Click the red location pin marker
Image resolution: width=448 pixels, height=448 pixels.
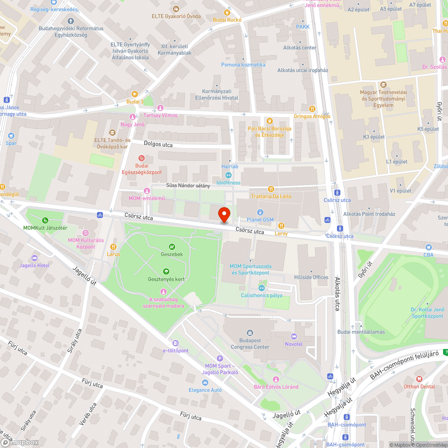click(224, 215)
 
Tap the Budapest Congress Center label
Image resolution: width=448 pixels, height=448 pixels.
click(250, 343)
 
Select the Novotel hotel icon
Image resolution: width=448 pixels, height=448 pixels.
click(294, 336)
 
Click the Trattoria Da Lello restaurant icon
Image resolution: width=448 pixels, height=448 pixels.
click(271, 189)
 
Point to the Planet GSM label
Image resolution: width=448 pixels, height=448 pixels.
click(260, 220)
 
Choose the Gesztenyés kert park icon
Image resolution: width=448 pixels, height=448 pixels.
click(166, 271)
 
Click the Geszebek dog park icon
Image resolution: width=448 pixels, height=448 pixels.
click(172, 246)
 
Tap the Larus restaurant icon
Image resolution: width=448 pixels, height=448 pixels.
click(113, 246)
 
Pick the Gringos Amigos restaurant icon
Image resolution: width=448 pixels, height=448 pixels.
click(312, 109)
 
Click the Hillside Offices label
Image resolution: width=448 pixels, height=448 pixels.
click(311, 277)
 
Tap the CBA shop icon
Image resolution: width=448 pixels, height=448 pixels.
click(429, 247)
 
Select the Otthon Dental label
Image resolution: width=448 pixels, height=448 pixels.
click(419, 386)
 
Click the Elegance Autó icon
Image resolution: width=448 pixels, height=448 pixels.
click(205, 382)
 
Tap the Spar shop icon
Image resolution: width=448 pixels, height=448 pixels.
click(11, 135)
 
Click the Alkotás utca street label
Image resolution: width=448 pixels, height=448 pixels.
click(337, 294)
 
